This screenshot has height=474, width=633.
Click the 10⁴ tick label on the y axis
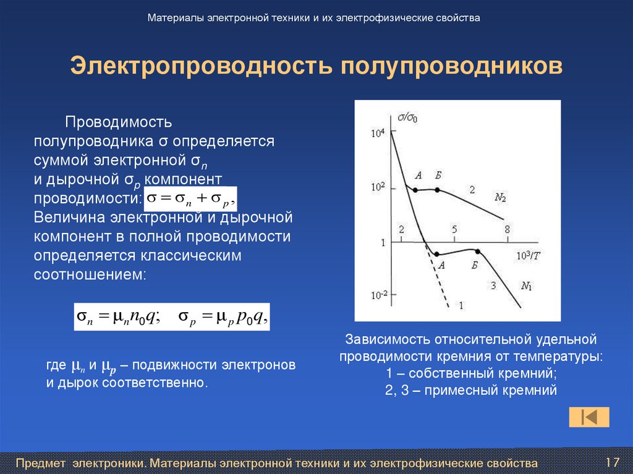[x=377, y=133]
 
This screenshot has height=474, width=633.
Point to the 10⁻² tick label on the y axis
[x=379, y=295]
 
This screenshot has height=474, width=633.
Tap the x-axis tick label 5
[x=454, y=230]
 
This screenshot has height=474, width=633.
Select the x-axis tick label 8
[x=507, y=230]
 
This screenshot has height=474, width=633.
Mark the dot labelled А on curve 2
[x=415, y=190]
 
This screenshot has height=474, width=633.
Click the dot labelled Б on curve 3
[x=478, y=251]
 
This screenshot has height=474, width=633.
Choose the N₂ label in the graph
[x=500, y=198]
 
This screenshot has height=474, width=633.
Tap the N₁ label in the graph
[x=527, y=286]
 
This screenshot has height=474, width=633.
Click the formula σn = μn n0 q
[x=118, y=316]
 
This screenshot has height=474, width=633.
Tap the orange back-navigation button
[x=589, y=417]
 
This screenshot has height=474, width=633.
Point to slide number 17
[x=613, y=462]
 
